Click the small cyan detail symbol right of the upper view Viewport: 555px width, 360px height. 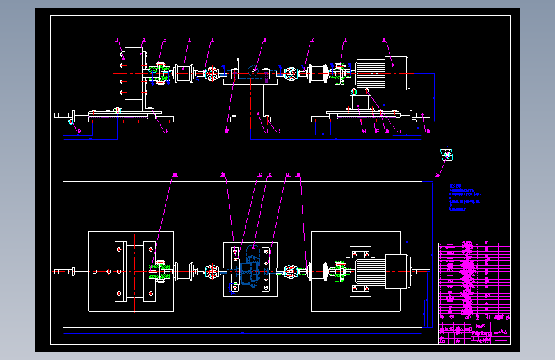click(446, 154)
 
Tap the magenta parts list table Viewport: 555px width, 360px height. click(474, 281)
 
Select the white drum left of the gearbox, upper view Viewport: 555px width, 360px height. click(183, 72)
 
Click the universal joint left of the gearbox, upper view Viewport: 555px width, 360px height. click(211, 74)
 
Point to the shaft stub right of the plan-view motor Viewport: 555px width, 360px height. click(420, 272)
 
